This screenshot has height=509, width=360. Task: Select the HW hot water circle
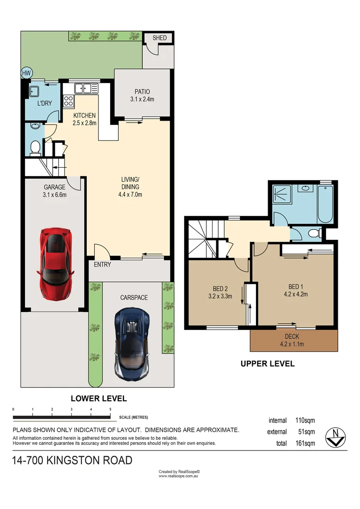point(26,73)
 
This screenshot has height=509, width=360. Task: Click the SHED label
point(159,38)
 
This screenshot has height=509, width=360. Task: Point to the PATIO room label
point(142,92)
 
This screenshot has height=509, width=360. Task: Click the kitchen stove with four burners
point(69,100)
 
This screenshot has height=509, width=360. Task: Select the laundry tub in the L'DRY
point(34,90)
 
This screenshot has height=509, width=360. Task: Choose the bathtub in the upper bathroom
point(326,205)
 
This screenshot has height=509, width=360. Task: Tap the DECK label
point(294,337)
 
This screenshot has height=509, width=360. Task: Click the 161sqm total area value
point(305,443)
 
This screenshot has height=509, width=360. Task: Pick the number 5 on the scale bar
point(110,409)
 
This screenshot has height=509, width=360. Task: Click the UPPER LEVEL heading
point(267,363)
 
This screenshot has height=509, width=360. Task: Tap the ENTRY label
point(102,264)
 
